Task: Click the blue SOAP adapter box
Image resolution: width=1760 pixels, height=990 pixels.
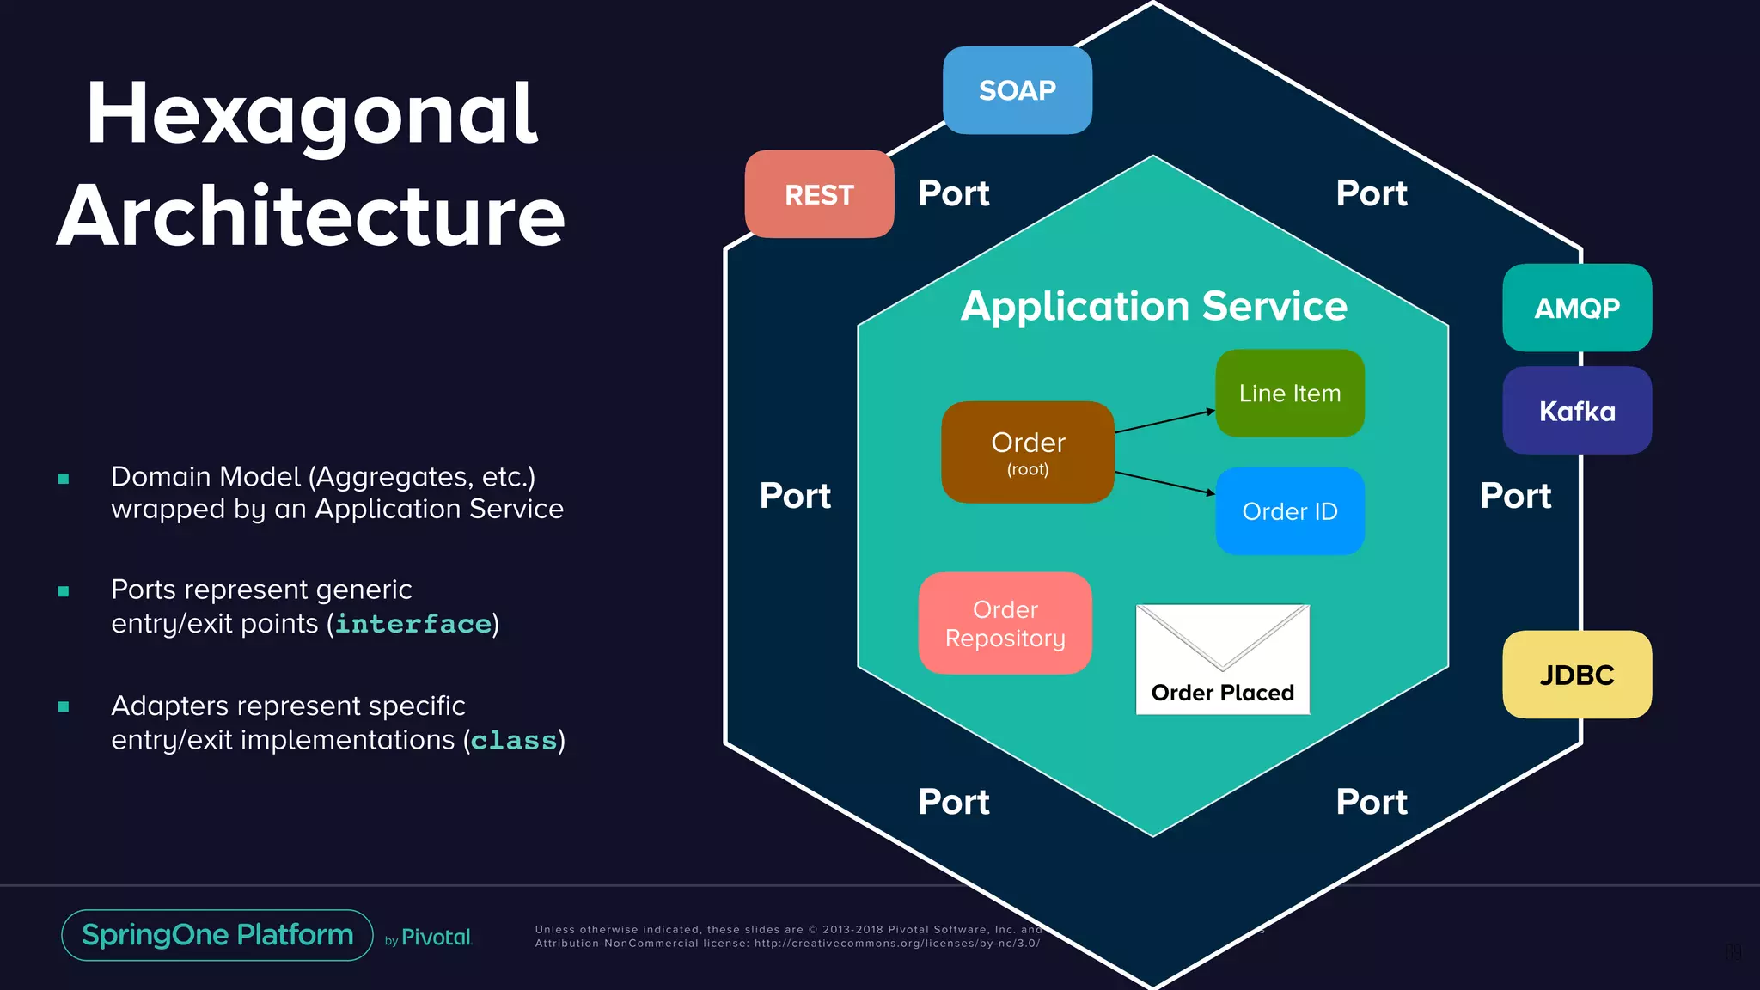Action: (x=1017, y=90)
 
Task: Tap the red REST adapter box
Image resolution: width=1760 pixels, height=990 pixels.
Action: (x=819, y=194)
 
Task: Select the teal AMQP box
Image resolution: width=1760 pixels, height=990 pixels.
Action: (x=1577, y=308)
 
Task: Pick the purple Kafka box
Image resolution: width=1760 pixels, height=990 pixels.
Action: (x=1577, y=411)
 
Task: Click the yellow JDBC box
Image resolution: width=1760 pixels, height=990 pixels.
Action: (x=1577, y=675)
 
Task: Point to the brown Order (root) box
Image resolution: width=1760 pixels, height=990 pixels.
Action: (x=1028, y=452)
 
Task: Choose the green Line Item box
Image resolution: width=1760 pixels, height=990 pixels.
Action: (x=1290, y=394)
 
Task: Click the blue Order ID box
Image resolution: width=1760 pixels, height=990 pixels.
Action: (x=1290, y=511)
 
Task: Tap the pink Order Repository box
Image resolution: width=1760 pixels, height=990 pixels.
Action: (x=1005, y=623)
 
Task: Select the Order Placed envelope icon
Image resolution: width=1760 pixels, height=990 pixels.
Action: (x=1222, y=659)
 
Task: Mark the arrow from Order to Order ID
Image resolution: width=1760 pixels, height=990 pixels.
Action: (x=1164, y=483)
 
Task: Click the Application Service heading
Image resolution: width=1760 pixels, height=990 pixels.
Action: (x=1153, y=306)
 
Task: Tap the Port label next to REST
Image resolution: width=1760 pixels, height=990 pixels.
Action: (x=953, y=193)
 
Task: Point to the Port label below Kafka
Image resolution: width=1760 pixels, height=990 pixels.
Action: (x=1515, y=496)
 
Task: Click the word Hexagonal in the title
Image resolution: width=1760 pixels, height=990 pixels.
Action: (x=311, y=114)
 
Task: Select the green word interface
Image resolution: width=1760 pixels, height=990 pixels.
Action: (x=413, y=624)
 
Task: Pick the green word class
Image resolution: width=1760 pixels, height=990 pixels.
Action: (x=514, y=741)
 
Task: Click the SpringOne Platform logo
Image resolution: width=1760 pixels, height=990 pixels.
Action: (x=217, y=935)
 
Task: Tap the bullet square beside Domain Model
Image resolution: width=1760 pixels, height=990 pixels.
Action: (x=64, y=479)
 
